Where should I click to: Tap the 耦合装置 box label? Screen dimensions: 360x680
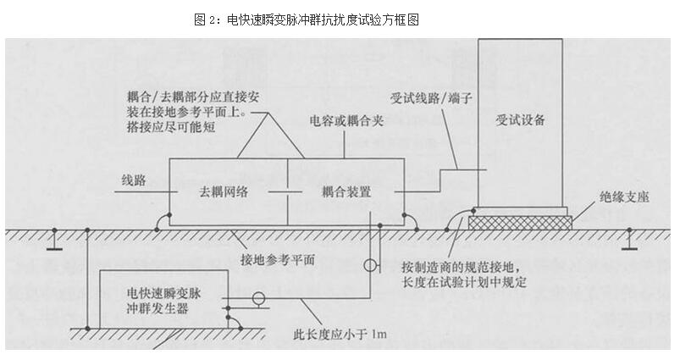point(346,193)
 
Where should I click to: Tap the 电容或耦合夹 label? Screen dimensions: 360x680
point(346,121)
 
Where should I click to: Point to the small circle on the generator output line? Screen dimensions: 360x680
point(259,298)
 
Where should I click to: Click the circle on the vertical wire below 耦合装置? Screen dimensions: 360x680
point(369,266)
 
